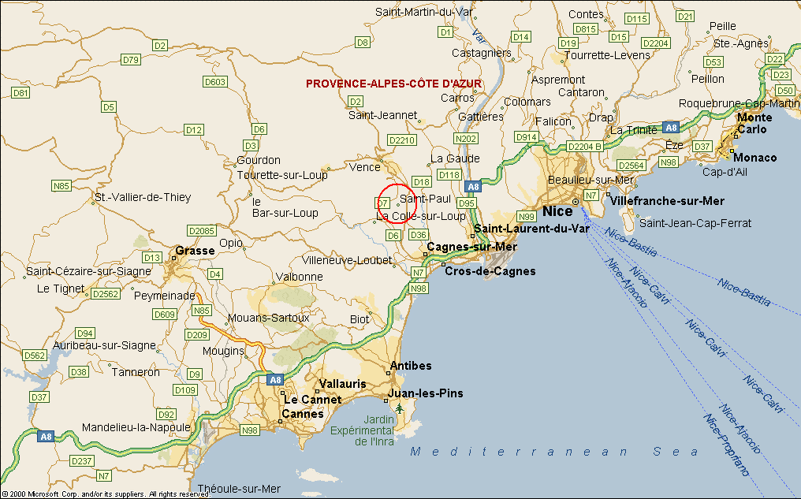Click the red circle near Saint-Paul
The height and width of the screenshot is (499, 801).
397,203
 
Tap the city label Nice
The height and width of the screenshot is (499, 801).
557,211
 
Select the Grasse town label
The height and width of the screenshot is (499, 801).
195,251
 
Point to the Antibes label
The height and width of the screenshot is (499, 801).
411,366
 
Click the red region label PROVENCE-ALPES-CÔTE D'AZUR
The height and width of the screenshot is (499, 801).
393,84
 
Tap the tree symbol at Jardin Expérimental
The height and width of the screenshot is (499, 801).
400,408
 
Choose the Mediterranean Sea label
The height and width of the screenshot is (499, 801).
554,452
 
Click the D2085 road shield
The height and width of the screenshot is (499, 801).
203,230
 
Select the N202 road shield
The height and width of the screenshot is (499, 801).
467,139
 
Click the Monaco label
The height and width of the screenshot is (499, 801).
755,158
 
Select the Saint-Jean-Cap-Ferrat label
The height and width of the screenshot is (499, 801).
695,223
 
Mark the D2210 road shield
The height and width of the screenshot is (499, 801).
401,140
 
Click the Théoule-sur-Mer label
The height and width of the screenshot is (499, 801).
240,489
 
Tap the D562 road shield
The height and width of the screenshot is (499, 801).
35,356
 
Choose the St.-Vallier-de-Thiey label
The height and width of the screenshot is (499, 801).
142,197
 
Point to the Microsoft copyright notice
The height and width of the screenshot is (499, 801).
106,494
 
